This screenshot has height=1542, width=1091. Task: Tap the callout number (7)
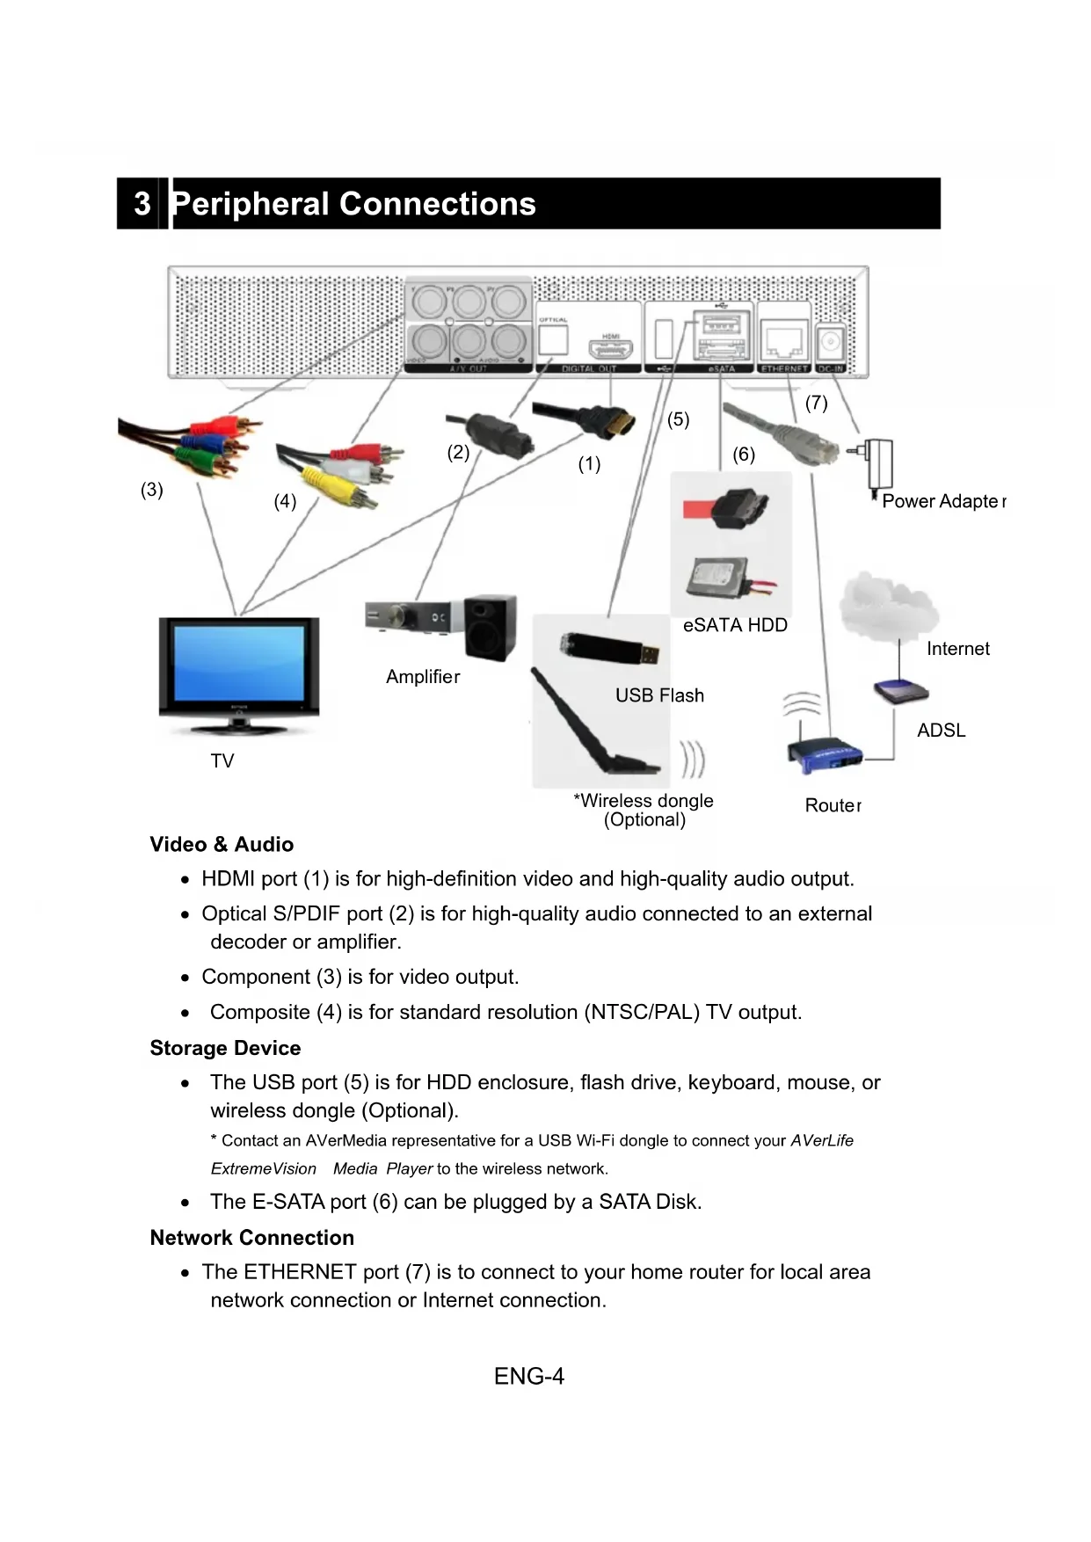click(816, 404)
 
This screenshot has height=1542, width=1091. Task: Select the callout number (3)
click(152, 490)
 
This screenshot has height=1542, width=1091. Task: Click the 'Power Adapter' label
click(943, 501)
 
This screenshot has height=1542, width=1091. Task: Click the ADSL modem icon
click(900, 692)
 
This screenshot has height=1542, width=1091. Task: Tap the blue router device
click(824, 754)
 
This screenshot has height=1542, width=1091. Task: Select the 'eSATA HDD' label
click(735, 625)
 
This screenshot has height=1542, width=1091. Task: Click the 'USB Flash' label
click(659, 695)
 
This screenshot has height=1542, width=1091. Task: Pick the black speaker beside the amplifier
click(490, 629)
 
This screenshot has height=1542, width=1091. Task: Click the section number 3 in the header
click(142, 204)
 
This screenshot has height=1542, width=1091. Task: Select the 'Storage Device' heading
click(225, 1048)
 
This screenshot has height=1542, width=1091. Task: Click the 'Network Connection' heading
click(251, 1238)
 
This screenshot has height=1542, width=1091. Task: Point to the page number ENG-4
click(529, 1376)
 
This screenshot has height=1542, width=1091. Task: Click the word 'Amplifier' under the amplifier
click(423, 677)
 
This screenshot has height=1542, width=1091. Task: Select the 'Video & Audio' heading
click(222, 844)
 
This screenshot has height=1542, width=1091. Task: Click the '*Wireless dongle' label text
click(644, 801)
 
